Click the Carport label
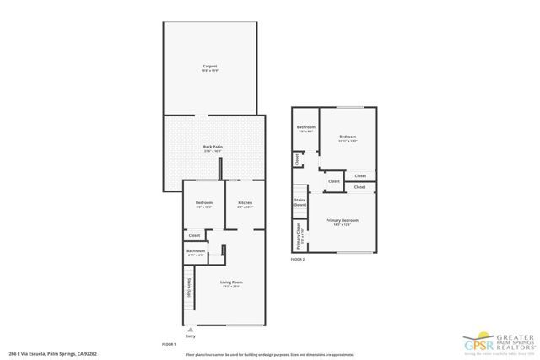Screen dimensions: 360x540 [209, 66]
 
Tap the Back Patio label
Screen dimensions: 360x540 [212, 147]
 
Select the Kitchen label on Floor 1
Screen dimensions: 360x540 [245, 203]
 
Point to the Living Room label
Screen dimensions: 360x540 [231, 282]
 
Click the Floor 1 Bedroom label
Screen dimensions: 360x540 [204, 203]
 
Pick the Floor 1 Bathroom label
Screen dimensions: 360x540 [196, 250]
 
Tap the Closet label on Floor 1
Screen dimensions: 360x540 [194, 235]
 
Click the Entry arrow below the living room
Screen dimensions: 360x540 [192, 330]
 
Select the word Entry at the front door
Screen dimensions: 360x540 [192, 336]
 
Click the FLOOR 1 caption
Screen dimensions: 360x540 [169, 344]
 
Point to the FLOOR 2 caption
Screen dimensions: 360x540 [298, 260]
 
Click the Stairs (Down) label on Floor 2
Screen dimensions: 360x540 [299, 202]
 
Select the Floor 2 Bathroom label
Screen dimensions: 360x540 [306, 128]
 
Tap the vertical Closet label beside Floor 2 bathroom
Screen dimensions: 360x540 [297, 159]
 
